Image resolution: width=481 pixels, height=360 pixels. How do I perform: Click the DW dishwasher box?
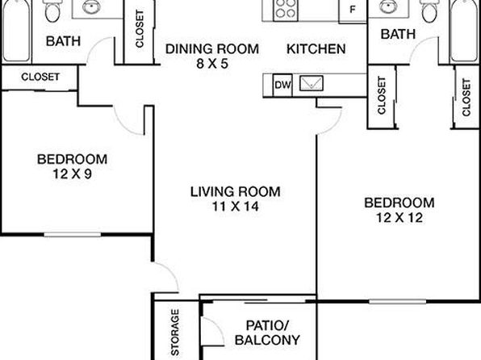pyautogui.click(x=282, y=85)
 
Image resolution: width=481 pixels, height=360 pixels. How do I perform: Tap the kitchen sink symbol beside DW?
pyautogui.click(x=311, y=83)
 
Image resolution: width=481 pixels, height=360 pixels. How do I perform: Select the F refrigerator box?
pyautogui.click(x=353, y=10)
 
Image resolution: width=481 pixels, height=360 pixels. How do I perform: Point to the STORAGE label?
pyautogui.click(x=175, y=332)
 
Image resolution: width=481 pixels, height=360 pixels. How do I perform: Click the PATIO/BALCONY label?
pyautogui.click(x=267, y=333)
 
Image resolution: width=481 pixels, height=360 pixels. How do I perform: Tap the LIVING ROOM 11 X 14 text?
pyautogui.click(x=236, y=199)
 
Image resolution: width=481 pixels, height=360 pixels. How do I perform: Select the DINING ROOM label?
pyautogui.click(x=212, y=49)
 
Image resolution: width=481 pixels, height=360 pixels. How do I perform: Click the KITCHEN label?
pyautogui.click(x=316, y=49)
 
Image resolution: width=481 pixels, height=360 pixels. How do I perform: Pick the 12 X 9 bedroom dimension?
pyautogui.click(x=73, y=174)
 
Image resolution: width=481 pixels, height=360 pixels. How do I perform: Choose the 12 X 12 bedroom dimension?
pyautogui.click(x=399, y=218)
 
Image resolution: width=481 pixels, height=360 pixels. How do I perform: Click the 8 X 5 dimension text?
pyautogui.click(x=212, y=64)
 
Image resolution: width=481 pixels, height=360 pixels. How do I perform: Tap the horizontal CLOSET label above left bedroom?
pyautogui.click(x=40, y=77)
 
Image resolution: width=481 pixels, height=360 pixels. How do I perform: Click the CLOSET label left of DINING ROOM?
pyautogui.click(x=140, y=29)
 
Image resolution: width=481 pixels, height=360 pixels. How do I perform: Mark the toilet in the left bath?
pyautogui.click(x=52, y=10)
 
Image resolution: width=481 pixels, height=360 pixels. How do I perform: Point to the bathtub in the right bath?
pyautogui.click(x=464, y=31)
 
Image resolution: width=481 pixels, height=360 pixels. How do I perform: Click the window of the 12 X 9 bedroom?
pyautogui.click(x=73, y=234)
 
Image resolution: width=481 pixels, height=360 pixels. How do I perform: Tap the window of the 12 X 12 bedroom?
pyautogui.click(x=397, y=302)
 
